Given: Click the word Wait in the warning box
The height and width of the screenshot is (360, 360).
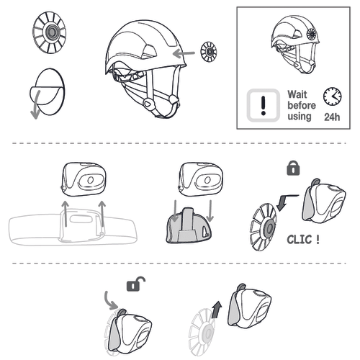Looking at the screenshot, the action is (x=297, y=94).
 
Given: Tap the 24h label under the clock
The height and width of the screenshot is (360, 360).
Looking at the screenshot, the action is (x=332, y=117).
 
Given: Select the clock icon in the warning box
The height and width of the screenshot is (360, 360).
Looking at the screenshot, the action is (x=333, y=96).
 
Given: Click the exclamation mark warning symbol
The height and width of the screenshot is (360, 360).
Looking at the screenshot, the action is (x=264, y=105).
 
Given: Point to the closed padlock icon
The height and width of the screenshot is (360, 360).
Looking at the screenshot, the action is (x=293, y=168).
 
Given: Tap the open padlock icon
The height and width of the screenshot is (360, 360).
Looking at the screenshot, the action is (x=136, y=284).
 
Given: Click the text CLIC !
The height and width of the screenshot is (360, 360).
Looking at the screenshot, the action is (x=303, y=240).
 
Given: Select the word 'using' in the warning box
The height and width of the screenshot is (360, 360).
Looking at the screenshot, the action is (x=300, y=117).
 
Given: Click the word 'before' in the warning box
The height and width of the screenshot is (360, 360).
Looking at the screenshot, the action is (x=302, y=105).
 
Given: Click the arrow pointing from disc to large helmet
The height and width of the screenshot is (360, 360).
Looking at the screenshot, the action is (x=184, y=53).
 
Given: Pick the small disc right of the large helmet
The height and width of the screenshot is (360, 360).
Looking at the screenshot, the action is (x=209, y=52).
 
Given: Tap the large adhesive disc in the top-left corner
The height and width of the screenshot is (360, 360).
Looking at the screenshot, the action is (x=50, y=32).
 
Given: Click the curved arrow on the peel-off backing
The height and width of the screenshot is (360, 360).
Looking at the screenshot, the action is (x=36, y=105).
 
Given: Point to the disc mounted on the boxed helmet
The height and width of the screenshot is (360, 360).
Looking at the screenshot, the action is (x=311, y=35).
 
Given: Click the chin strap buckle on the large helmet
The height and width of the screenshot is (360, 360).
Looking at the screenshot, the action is (x=147, y=104).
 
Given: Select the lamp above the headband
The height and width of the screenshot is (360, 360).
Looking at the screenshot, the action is (x=84, y=179).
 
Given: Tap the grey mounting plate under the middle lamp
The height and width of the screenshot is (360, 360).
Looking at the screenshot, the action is (x=189, y=226).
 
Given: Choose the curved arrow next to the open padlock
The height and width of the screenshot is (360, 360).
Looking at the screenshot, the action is (x=110, y=301).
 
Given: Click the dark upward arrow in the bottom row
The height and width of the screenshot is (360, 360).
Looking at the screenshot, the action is (x=217, y=310).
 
